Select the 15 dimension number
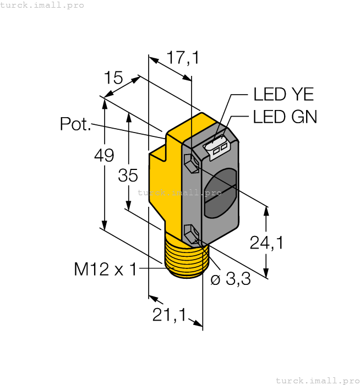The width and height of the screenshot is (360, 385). [113, 78]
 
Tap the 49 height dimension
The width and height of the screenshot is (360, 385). [103, 156]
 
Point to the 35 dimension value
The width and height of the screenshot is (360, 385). [128, 176]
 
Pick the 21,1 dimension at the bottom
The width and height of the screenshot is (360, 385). [168, 315]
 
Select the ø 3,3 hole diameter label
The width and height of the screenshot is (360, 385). [231, 279]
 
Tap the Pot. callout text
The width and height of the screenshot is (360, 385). [75, 125]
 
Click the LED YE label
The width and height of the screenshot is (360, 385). [283, 95]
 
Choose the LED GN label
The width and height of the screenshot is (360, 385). [285, 117]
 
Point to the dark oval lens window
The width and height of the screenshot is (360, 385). [220, 195]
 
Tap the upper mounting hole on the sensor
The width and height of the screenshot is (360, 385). [191, 163]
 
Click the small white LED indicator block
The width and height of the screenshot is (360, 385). [216, 146]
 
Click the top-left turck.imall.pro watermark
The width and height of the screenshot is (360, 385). [42, 5]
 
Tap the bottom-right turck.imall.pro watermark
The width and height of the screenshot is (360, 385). [317, 380]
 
